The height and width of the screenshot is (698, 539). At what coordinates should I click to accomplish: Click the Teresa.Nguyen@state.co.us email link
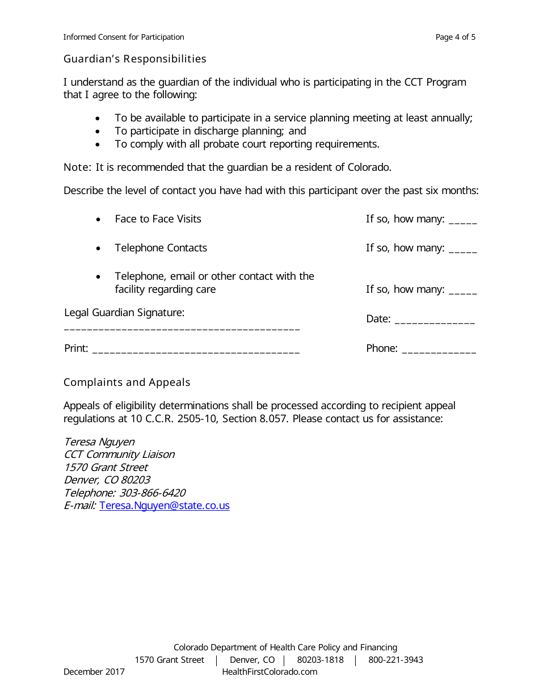(x=165, y=506)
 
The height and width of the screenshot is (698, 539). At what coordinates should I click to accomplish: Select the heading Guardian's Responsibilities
(x=135, y=59)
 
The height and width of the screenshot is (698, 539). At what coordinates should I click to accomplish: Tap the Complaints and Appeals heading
(x=127, y=382)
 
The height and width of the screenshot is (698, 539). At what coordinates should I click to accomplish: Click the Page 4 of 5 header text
(x=456, y=37)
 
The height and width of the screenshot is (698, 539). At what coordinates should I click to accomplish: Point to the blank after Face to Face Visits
(x=462, y=221)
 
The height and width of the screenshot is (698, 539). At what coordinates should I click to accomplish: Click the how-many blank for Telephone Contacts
(x=462, y=250)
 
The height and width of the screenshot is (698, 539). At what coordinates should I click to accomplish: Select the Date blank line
(x=435, y=321)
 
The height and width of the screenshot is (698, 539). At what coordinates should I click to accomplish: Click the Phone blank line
(x=439, y=351)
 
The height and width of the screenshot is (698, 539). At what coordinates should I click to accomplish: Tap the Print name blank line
(x=196, y=351)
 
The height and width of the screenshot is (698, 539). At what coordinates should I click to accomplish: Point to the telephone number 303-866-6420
(x=152, y=493)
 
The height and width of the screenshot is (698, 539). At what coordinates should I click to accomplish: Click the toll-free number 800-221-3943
(x=395, y=660)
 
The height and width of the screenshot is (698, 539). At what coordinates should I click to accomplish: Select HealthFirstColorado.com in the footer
(x=269, y=672)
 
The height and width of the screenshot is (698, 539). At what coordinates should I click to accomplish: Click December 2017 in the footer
(x=94, y=672)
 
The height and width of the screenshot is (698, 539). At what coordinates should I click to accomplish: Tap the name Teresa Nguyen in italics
(x=99, y=442)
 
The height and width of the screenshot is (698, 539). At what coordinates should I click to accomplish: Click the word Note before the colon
(x=76, y=167)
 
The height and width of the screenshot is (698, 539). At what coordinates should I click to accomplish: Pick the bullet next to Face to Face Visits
(x=99, y=220)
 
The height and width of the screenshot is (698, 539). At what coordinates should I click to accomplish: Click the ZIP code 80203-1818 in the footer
(x=320, y=660)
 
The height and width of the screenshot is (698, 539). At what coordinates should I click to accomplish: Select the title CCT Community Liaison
(x=119, y=455)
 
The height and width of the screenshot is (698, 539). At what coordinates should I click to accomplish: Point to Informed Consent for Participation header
(x=124, y=37)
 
